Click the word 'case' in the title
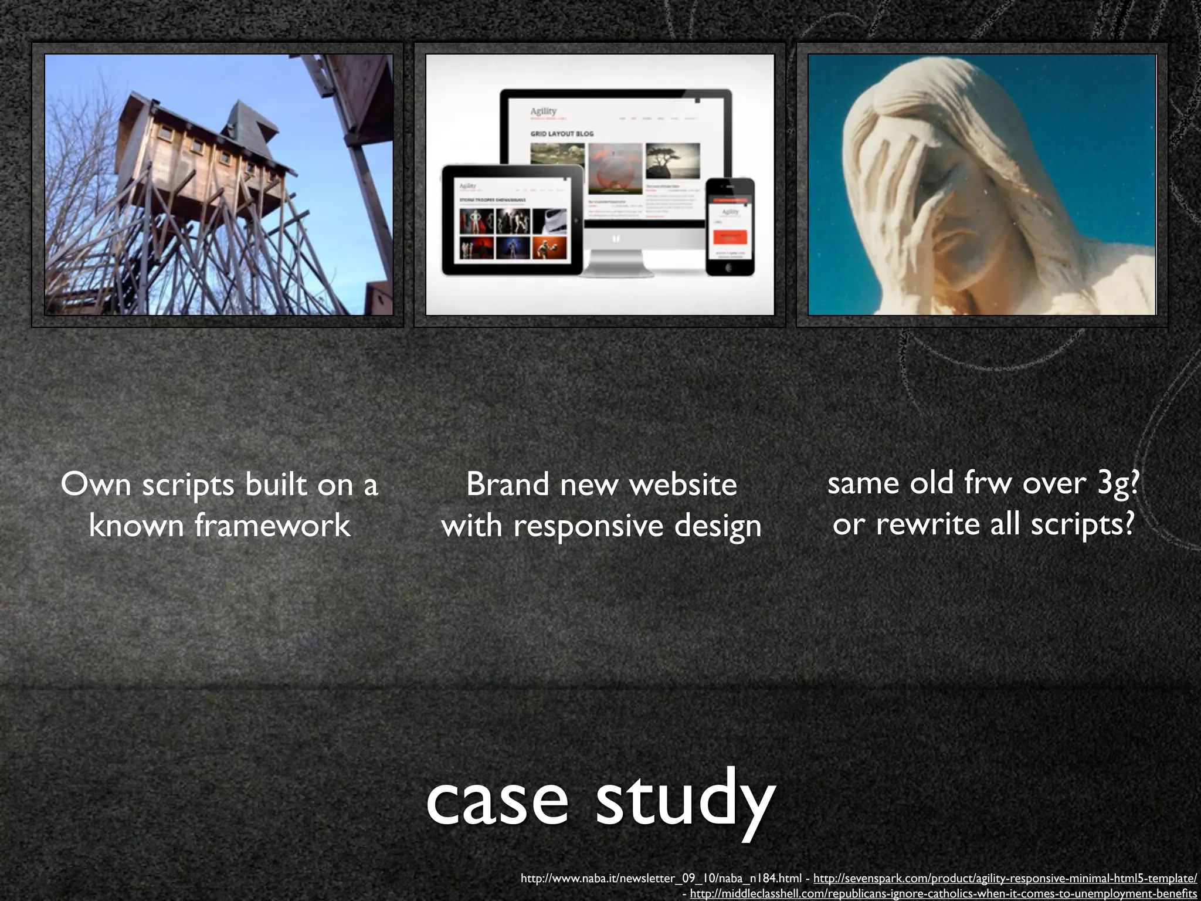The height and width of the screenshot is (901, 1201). click(497, 799)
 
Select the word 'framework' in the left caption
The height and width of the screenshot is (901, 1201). click(272, 524)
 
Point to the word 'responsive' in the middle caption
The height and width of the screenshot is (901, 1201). click(589, 526)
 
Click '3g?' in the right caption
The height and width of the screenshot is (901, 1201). click(1118, 483)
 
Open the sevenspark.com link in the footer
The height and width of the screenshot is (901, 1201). click(1005, 878)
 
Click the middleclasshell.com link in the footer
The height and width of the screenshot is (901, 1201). click(943, 893)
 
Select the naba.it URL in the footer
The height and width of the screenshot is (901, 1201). click(660, 878)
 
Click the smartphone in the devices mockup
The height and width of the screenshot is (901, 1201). click(730, 226)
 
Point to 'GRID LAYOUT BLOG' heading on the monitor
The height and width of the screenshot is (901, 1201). click(562, 134)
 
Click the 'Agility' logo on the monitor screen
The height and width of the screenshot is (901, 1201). click(543, 111)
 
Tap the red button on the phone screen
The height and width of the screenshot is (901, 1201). click(730, 237)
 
